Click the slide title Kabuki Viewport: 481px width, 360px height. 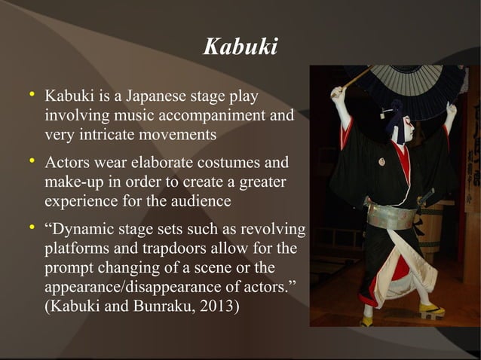(x=240, y=47)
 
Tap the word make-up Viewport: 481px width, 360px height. (x=73, y=183)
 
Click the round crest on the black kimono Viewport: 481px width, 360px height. (x=381, y=161)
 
